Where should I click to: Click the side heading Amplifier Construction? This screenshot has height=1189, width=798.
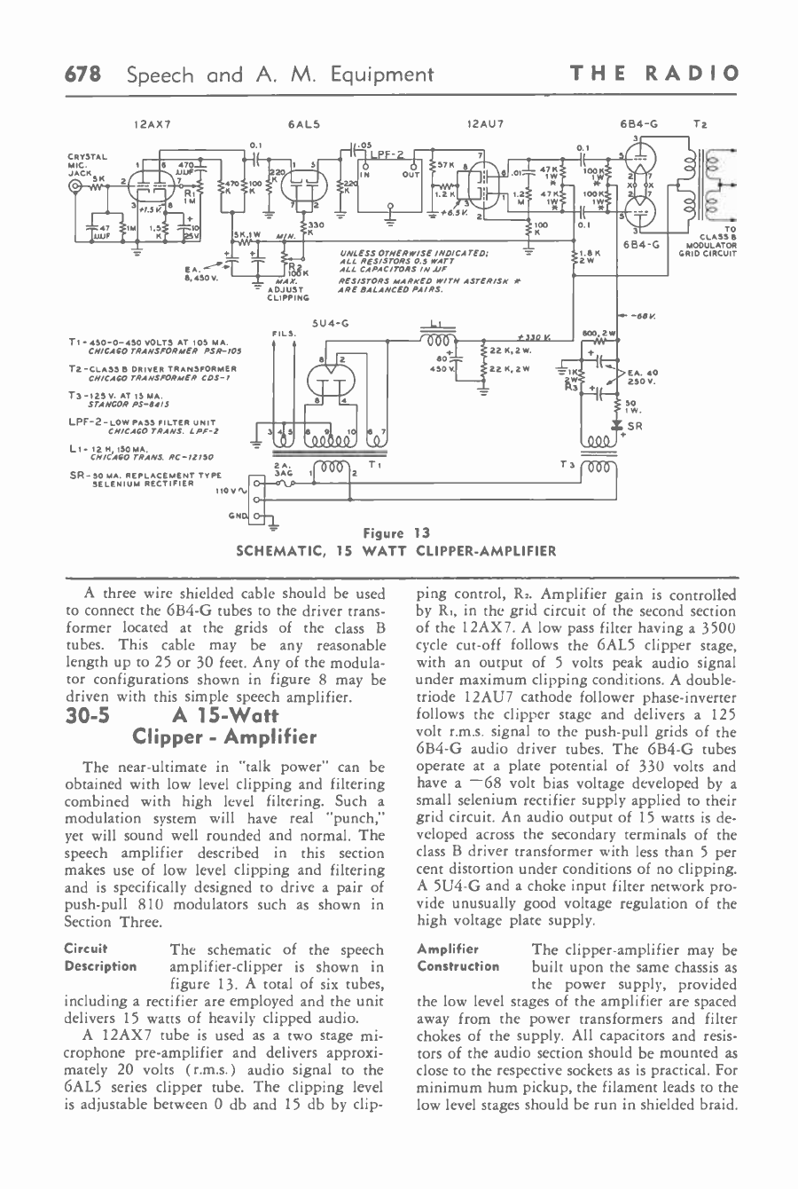(x=457, y=957)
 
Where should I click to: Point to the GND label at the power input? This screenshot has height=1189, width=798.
(x=237, y=515)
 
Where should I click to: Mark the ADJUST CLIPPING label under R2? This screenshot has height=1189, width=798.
(x=286, y=294)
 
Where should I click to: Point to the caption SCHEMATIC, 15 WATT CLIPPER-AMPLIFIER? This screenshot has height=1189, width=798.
(x=395, y=550)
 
